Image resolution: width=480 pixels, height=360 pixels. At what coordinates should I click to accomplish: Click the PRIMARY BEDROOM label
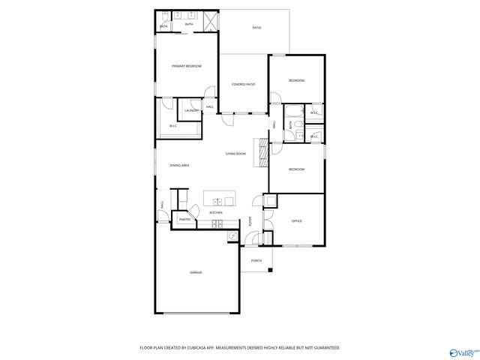click(x=186, y=66)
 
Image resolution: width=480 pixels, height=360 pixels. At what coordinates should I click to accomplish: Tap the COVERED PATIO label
click(x=243, y=84)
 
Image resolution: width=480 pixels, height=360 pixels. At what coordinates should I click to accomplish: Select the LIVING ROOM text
click(x=235, y=154)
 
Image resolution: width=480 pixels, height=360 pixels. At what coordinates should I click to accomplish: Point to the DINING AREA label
click(x=178, y=165)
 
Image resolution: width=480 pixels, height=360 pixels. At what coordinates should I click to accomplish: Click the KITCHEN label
click(x=216, y=213)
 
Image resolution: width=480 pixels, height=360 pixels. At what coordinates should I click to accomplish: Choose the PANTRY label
click(x=184, y=219)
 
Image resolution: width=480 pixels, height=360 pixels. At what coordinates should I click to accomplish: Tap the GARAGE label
click(x=196, y=272)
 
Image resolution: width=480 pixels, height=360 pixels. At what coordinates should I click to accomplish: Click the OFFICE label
click(x=296, y=220)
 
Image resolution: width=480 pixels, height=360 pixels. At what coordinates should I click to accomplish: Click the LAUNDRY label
click(x=191, y=110)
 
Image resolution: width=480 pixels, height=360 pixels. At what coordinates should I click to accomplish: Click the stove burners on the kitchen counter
click(x=215, y=224)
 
